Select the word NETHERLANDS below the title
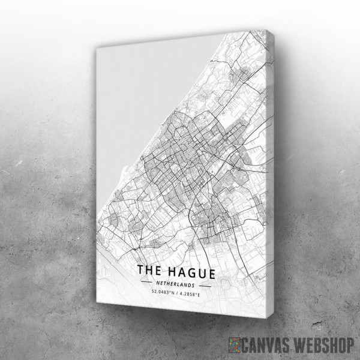pyautogui.click(x=176, y=283)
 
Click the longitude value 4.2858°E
pyautogui.click(x=193, y=293)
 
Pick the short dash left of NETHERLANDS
pyautogui.click(x=146, y=280)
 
